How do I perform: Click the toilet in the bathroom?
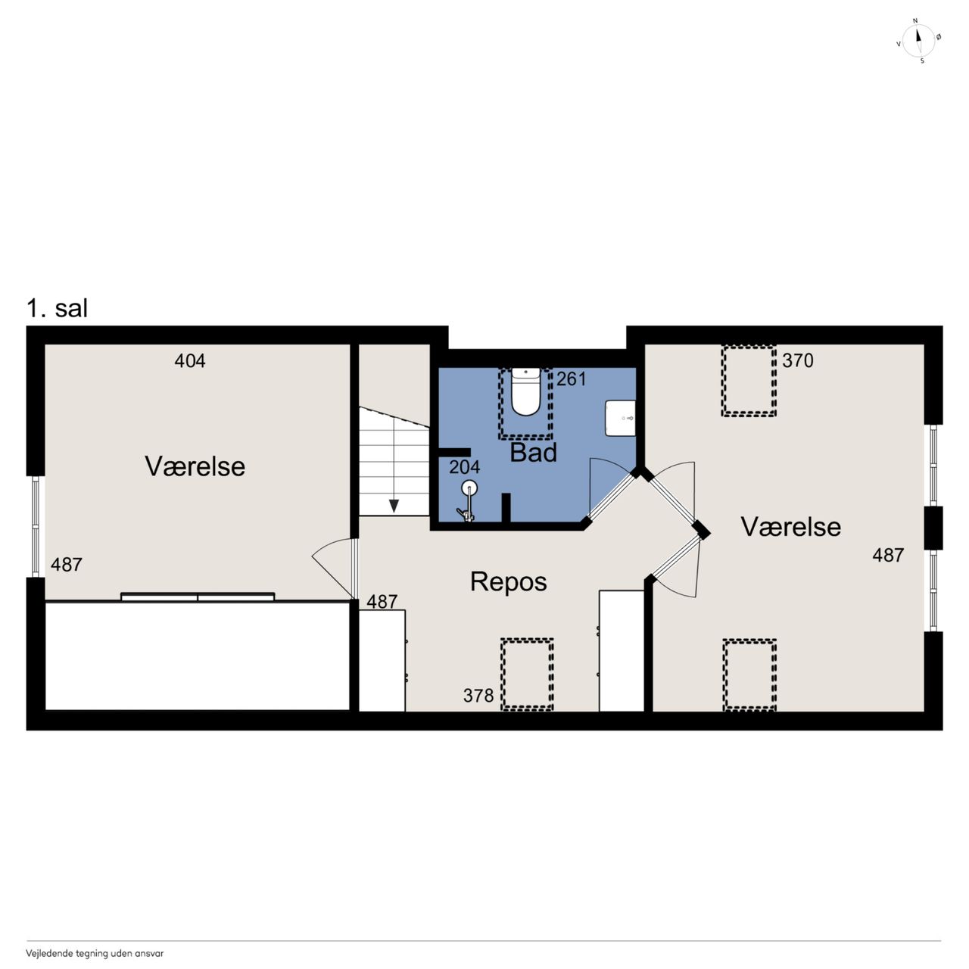click(x=525, y=391)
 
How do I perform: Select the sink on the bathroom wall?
click(x=621, y=418)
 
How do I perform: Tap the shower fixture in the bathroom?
click(x=468, y=500)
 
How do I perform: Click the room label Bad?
click(x=533, y=453)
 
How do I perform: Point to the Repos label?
click(x=509, y=582)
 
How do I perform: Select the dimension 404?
click(x=189, y=361)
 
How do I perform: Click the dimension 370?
click(x=797, y=360)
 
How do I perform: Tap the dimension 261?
click(x=572, y=379)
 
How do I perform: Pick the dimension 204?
click(x=464, y=467)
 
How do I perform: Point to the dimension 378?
click(x=478, y=696)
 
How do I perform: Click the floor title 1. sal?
click(x=57, y=308)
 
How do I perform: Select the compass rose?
click(x=918, y=41)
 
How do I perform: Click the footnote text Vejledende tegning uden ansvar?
click(x=95, y=953)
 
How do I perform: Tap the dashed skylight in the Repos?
click(x=526, y=675)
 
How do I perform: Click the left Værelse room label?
click(x=195, y=466)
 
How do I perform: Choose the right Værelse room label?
click(x=790, y=527)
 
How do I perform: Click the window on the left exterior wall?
click(x=35, y=526)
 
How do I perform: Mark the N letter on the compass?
click(x=915, y=20)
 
